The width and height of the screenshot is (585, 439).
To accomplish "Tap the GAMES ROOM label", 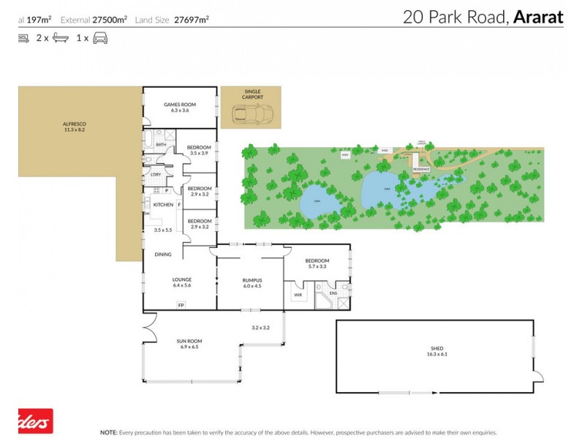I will [179, 105].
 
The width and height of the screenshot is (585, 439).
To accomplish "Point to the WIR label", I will [298, 295].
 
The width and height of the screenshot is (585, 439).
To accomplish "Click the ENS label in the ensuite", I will [333, 293].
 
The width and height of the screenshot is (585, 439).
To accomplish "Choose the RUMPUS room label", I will [252, 280].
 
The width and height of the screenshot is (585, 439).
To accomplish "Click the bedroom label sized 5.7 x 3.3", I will [317, 260].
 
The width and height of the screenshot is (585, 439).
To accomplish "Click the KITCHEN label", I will [163, 205].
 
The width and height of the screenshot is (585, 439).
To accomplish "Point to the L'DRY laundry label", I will [156, 174].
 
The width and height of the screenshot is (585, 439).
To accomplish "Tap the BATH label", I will [160, 145].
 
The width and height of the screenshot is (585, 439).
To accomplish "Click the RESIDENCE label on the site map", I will [421, 169].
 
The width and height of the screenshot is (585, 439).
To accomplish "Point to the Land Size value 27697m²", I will [189, 20].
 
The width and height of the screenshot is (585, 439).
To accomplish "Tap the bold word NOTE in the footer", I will [109, 432].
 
